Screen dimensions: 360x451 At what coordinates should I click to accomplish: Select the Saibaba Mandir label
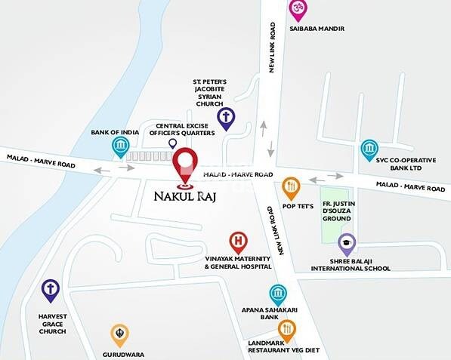pyautogui.click(x=317, y=29)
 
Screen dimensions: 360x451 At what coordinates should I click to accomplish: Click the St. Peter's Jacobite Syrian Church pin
pyautogui.click(x=225, y=117)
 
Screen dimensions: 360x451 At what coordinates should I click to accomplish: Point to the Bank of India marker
pyautogui.click(x=119, y=146)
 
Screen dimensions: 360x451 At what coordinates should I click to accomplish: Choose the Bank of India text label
pyautogui.click(x=115, y=132)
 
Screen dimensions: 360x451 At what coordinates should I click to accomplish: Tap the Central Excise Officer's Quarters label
pyautogui.click(x=185, y=131)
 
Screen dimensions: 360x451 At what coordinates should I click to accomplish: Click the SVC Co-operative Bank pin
pyautogui.click(x=369, y=148)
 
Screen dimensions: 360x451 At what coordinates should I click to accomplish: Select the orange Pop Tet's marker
pyautogui.click(x=291, y=186)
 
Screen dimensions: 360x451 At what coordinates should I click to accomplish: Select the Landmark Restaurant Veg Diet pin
pyautogui.click(x=287, y=328)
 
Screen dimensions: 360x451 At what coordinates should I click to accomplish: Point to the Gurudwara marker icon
pyautogui.click(x=119, y=333)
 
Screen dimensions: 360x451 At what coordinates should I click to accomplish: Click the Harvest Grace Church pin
pyautogui.click(x=51, y=288)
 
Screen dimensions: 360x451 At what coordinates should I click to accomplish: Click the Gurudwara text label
pyautogui.click(x=124, y=353)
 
